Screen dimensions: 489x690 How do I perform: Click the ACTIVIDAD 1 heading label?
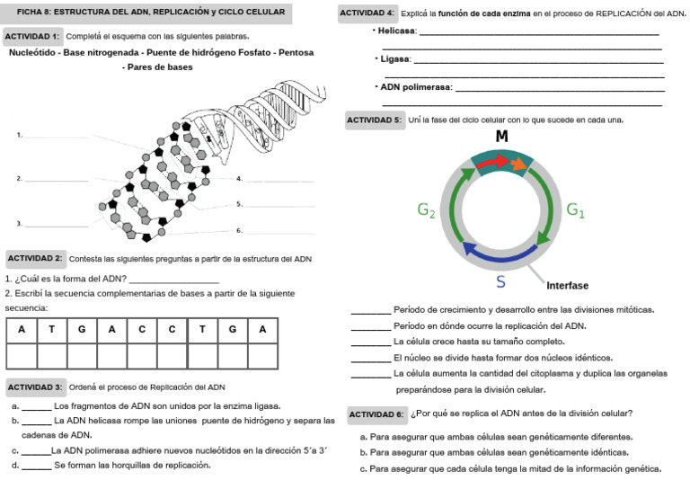(x=33, y=36)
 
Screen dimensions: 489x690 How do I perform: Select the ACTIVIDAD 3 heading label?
(x=35, y=387)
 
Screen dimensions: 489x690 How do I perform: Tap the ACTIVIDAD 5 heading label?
(x=375, y=120)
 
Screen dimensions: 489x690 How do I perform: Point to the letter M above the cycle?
(x=502, y=137)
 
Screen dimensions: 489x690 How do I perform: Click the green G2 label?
(x=427, y=210)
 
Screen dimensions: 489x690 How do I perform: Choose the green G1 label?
(x=575, y=210)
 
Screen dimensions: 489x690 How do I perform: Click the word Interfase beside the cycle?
(x=567, y=286)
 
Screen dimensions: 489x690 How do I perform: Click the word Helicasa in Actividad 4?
(x=397, y=31)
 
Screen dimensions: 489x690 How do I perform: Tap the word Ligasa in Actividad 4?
(x=394, y=59)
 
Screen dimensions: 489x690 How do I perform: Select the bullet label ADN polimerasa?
(x=416, y=88)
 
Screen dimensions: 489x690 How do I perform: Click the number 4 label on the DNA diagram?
(x=240, y=179)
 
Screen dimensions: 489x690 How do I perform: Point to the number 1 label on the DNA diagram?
(x=19, y=135)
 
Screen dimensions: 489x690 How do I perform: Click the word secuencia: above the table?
(x=26, y=307)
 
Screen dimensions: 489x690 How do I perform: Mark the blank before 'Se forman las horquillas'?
(x=36, y=467)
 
